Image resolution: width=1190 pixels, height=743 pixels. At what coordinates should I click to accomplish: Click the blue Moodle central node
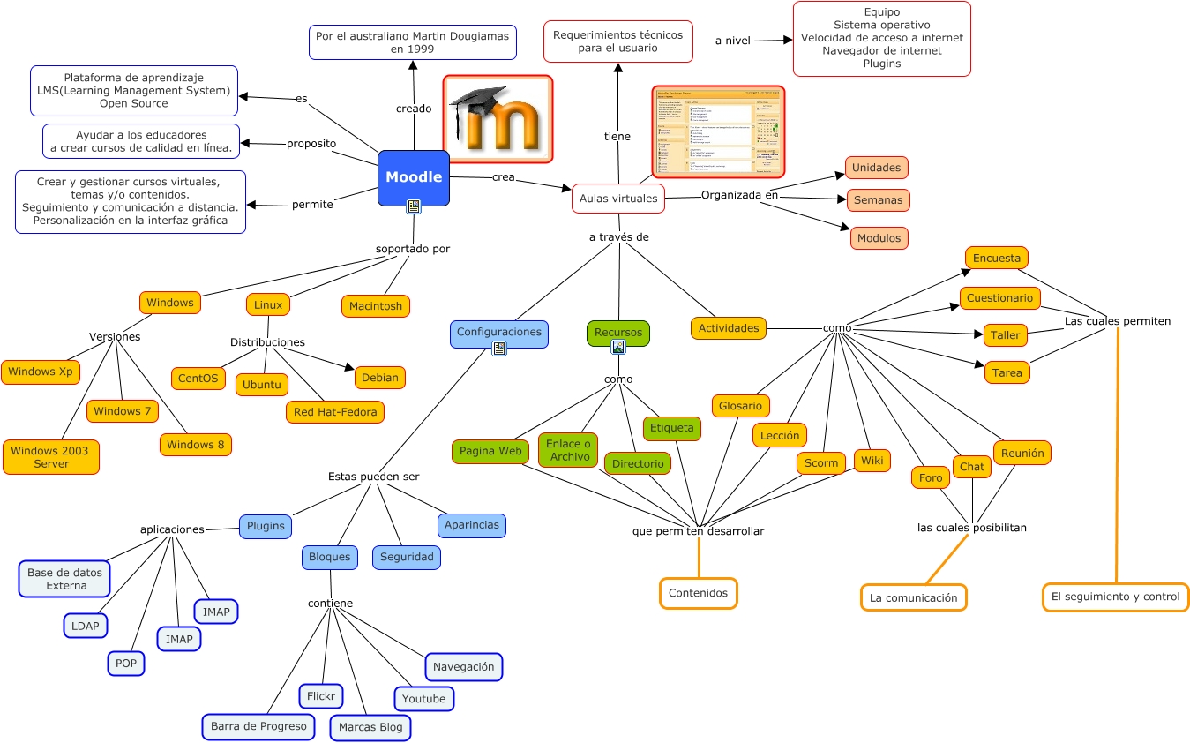pyautogui.click(x=414, y=177)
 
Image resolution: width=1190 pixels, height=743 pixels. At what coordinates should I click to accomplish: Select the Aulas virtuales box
pyautogui.click(x=617, y=199)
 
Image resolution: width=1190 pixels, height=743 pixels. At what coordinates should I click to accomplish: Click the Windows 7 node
pyautogui.click(x=123, y=411)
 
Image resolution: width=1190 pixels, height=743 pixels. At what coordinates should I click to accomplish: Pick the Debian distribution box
pyautogui.click(x=380, y=378)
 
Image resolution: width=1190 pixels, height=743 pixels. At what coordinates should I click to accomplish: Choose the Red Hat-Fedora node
pyautogui.click(x=335, y=412)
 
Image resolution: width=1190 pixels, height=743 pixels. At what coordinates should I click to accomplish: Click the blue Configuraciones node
pyautogui.click(x=498, y=333)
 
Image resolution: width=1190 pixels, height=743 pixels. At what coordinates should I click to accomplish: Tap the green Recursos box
pyautogui.click(x=618, y=333)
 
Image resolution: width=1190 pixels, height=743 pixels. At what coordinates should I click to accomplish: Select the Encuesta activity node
pyautogui.click(x=996, y=259)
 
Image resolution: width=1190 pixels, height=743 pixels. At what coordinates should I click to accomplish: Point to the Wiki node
pyautogui.click(x=872, y=461)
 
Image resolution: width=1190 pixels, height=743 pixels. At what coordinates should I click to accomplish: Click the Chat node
pyautogui.click(x=972, y=467)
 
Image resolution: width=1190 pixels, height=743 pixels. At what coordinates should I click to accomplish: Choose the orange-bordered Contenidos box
pyautogui.click(x=698, y=593)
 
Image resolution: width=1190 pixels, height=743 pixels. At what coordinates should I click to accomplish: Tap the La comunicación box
pyautogui.click(x=913, y=597)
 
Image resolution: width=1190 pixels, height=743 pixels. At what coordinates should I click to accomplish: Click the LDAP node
pyautogui.click(x=86, y=626)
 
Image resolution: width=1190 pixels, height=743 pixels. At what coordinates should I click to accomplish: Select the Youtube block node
pyautogui.click(x=423, y=699)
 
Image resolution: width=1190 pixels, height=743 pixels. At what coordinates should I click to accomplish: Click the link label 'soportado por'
pyautogui.click(x=413, y=249)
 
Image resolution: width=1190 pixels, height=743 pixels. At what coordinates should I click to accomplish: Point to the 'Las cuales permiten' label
pyautogui.click(x=1117, y=321)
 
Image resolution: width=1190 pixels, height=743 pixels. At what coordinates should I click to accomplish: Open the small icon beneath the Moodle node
pyautogui.click(x=414, y=206)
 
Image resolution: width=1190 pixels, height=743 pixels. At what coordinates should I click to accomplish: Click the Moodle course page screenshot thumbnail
pyautogui.click(x=718, y=131)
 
